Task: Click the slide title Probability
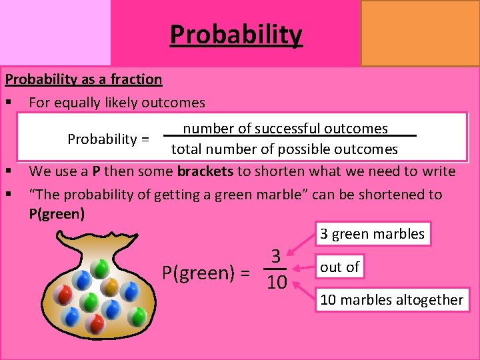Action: [236, 35]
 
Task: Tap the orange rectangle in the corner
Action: [420, 33]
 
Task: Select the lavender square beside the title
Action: [55, 32]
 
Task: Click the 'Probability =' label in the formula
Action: [108, 139]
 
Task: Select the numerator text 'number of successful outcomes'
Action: [285, 129]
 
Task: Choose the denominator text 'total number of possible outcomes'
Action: [285, 149]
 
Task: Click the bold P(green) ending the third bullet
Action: [57, 214]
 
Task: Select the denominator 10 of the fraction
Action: [276, 283]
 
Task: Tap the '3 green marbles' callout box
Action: [372, 234]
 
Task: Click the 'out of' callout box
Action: [340, 267]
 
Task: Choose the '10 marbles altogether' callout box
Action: [391, 299]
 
